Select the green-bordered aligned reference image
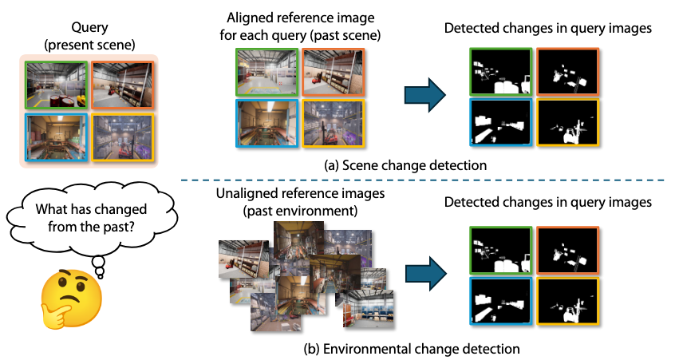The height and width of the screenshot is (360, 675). [x=266, y=71]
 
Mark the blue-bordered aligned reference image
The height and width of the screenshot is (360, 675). [x=266, y=123]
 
